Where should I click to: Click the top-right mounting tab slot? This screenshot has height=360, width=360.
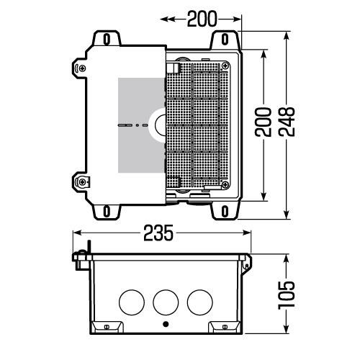tap(225, 37)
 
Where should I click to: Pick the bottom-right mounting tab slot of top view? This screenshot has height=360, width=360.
tap(225, 211)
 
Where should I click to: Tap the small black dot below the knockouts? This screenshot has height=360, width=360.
tap(166, 324)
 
